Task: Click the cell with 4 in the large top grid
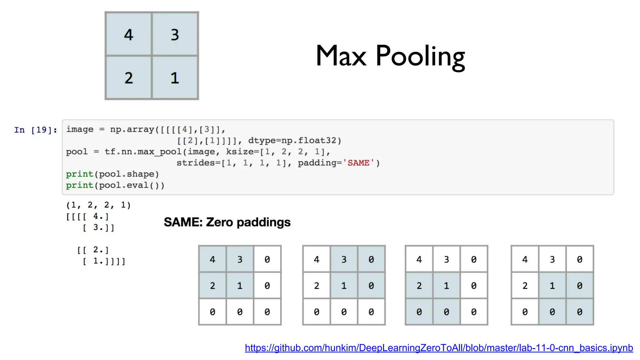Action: tap(129, 34)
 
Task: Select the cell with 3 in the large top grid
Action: tap(175, 34)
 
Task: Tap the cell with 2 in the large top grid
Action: tap(129, 78)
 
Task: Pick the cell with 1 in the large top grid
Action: tap(175, 78)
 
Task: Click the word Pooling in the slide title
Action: tap(420, 57)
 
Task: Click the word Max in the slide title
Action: tap(341, 57)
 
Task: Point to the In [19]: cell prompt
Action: tap(36, 130)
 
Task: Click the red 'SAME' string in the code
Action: tap(358, 163)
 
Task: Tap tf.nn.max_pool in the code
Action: tap(143, 152)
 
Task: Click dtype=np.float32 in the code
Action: tap(294, 141)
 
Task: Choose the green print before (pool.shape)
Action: tap(79, 174)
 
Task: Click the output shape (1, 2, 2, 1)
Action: tap(98, 205)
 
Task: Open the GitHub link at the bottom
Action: tap(439, 348)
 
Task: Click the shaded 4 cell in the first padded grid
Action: tap(212, 259)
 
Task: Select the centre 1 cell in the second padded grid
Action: tap(344, 286)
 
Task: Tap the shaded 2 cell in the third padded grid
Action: tap(419, 286)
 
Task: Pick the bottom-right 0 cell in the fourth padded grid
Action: tap(579, 312)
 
